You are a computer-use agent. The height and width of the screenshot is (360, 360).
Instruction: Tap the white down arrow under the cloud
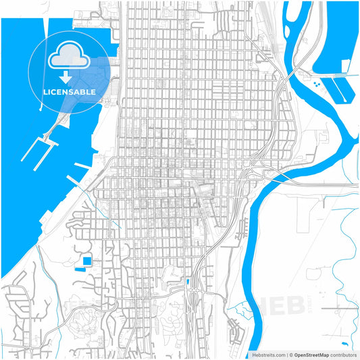pos(70,76)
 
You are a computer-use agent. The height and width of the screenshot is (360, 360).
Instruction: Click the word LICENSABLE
pos(70,91)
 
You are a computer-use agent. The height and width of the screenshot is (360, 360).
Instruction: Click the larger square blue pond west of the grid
pos(87,261)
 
